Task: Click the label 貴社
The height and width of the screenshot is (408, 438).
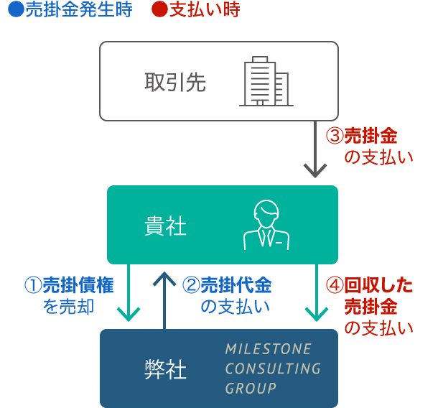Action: click(x=165, y=226)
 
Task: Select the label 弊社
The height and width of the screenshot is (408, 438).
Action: click(x=165, y=369)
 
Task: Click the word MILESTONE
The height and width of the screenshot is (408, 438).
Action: click(x=269, y=349)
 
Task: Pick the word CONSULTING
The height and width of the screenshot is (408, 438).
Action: click(x=273, y=368)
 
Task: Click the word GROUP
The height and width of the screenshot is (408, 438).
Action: click(x=251, y=389)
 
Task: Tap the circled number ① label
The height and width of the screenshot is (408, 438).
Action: click(x=34, y=285)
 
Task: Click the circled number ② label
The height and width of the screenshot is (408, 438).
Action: click(x=190, y=285)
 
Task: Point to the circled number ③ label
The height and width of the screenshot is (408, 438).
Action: click(x=335, y=136)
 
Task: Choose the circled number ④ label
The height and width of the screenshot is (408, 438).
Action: click(x=335, y=285)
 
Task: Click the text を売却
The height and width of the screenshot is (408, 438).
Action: click(x=70, y=307)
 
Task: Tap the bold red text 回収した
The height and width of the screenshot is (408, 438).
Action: click(x=379, y=285)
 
